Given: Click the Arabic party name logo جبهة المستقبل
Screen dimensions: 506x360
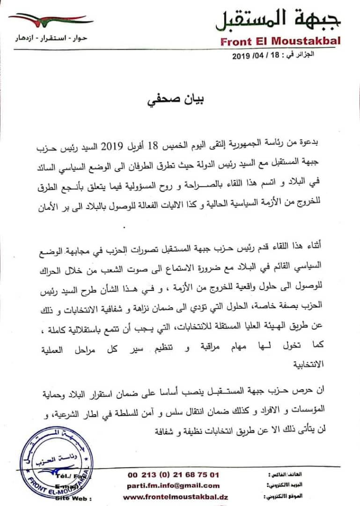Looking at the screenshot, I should [x=278, y=19].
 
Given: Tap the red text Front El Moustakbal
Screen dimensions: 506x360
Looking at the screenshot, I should [x=280, y=41].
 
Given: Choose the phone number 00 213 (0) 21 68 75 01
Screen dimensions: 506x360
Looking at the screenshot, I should [x=173, y=474].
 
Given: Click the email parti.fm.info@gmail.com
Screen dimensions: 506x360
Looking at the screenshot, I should [x=173, y=485].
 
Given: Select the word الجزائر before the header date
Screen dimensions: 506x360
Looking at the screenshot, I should [x=305, y=55].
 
